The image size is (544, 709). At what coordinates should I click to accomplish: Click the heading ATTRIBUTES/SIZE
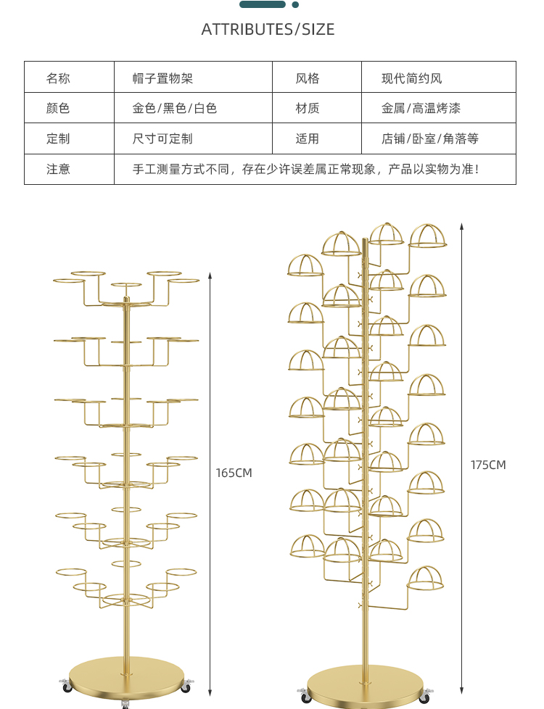pos(268,30)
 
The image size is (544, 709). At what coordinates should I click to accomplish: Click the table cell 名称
pos(58,78)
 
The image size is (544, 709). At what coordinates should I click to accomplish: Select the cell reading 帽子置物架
pos(162,78)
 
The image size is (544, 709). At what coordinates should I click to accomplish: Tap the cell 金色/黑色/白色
pos(174,109)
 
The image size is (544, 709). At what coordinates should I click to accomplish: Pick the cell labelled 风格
pos(307,78)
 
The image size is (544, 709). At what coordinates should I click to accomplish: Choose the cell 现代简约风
pos(411,78)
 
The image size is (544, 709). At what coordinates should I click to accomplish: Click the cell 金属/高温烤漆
pos(421,109)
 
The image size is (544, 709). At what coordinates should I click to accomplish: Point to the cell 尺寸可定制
pos(162,138)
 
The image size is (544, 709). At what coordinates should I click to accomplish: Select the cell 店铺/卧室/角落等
pos(430,138)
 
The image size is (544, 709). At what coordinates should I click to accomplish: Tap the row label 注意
pos(58,169)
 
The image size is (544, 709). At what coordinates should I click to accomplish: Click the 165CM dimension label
pos(234,473)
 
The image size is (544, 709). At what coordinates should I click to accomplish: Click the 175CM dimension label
pos(488,465)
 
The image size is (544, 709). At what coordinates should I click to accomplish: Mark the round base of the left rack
pos(126,678)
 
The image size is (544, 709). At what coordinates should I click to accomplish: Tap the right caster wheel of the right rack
pos(426,697)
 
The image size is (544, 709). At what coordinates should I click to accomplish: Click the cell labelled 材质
pos(307,109)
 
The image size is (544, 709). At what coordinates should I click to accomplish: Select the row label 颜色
pos(58,109)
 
